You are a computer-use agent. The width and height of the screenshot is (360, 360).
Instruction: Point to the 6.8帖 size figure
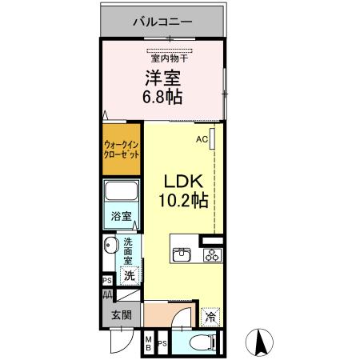163,98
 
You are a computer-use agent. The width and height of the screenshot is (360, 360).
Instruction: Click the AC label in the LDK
202,138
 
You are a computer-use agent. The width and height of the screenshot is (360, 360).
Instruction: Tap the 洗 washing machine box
128,275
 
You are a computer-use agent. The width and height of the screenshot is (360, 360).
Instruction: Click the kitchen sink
182,256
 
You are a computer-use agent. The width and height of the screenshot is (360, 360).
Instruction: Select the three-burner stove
213,256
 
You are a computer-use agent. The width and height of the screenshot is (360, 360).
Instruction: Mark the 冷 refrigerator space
210,316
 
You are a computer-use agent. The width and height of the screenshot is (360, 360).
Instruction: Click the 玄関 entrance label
122,315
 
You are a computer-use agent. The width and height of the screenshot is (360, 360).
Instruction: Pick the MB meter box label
148,344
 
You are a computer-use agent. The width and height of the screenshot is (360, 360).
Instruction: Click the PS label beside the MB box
162,344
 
